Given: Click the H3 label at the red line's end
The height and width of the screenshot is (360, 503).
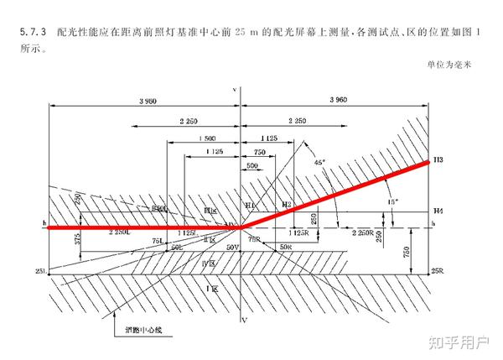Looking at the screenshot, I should [438, 159].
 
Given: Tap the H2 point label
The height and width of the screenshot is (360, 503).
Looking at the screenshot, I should [287, 205].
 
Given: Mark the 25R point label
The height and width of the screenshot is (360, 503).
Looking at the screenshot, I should [436, 272].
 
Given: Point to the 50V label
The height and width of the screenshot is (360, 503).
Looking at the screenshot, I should [232, 249].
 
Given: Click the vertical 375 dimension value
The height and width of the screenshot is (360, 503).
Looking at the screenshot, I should [77, 241].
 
